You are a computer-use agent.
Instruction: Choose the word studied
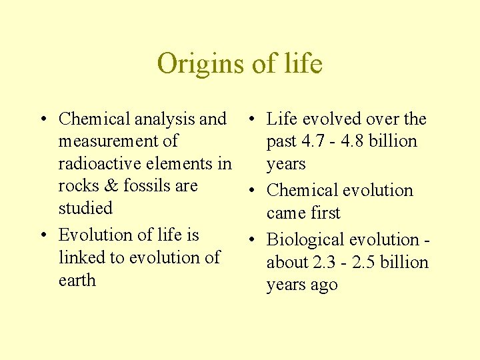point(85,208)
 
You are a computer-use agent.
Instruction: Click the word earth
point(77,280)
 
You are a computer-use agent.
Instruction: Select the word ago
point(324,285)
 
